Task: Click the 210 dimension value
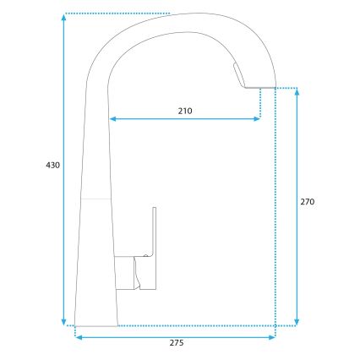point(185,111)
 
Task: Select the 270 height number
point(308,203)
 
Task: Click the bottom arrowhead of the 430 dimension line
point(64,321)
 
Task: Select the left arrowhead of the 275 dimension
point(79,337)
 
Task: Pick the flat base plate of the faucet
point(95,325)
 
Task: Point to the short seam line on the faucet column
point(96,198)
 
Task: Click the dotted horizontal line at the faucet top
point(118,14)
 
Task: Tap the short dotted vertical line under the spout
point(261,101)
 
